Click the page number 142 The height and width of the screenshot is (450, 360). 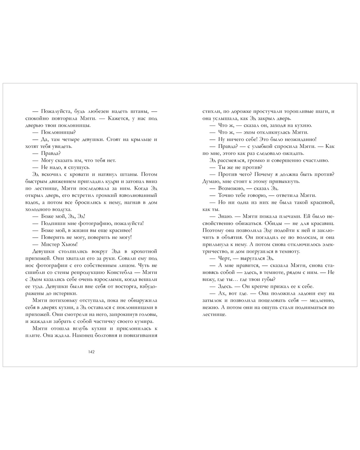coord(91,352)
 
